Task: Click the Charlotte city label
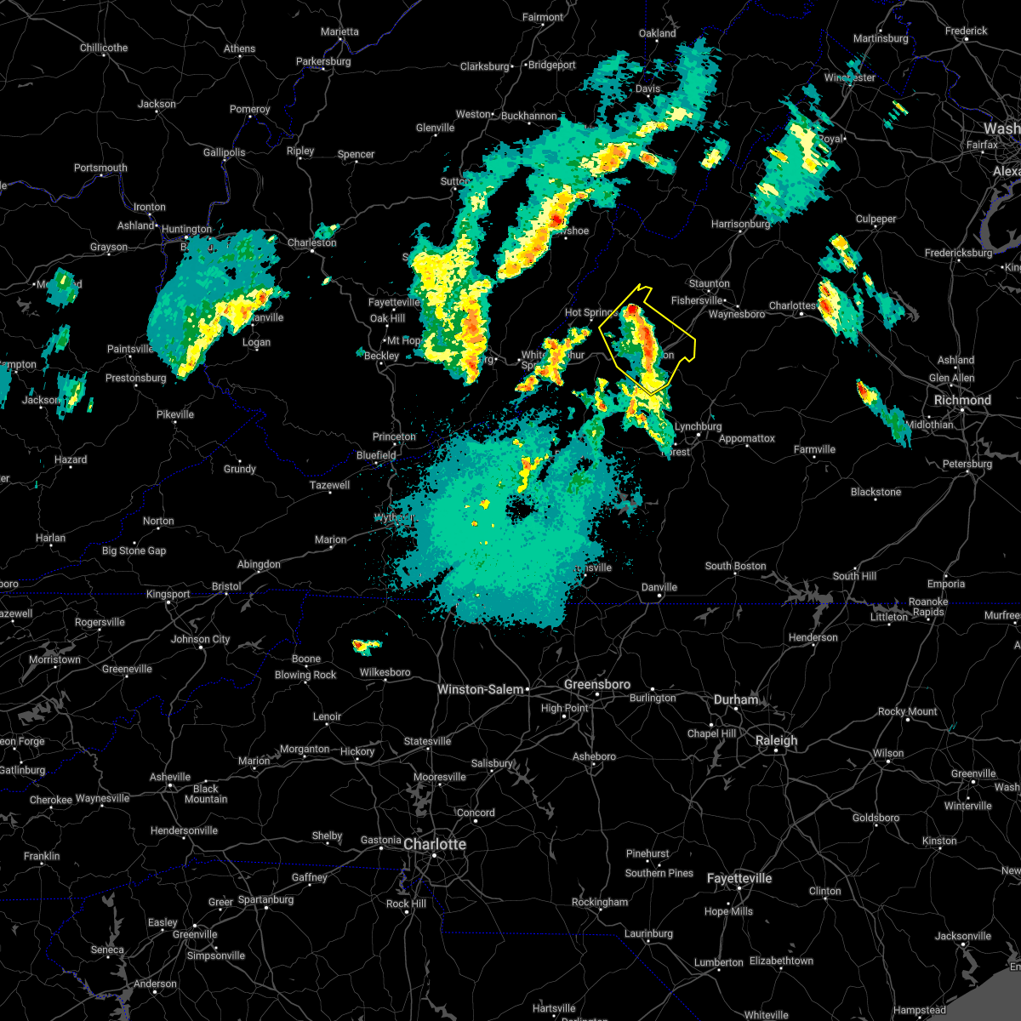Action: (435, 844)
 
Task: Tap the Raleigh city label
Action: (777, 740)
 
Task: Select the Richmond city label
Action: (962, 400)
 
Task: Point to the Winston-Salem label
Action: (481, 689)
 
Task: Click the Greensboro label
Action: (597, 684)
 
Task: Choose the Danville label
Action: (659, 587)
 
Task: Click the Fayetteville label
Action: (739, 878)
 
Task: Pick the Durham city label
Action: (736, 699)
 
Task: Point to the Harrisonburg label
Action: (740, 224)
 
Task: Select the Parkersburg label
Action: (323, 61)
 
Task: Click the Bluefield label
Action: (376, 455)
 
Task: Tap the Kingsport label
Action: (168, 594)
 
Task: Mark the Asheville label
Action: (170, 777)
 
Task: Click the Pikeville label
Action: (175, 414)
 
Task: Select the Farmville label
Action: (814, 449)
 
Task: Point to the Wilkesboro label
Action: (385, 672)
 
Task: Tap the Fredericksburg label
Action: (958, 253)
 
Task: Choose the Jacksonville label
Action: (963, 936)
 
